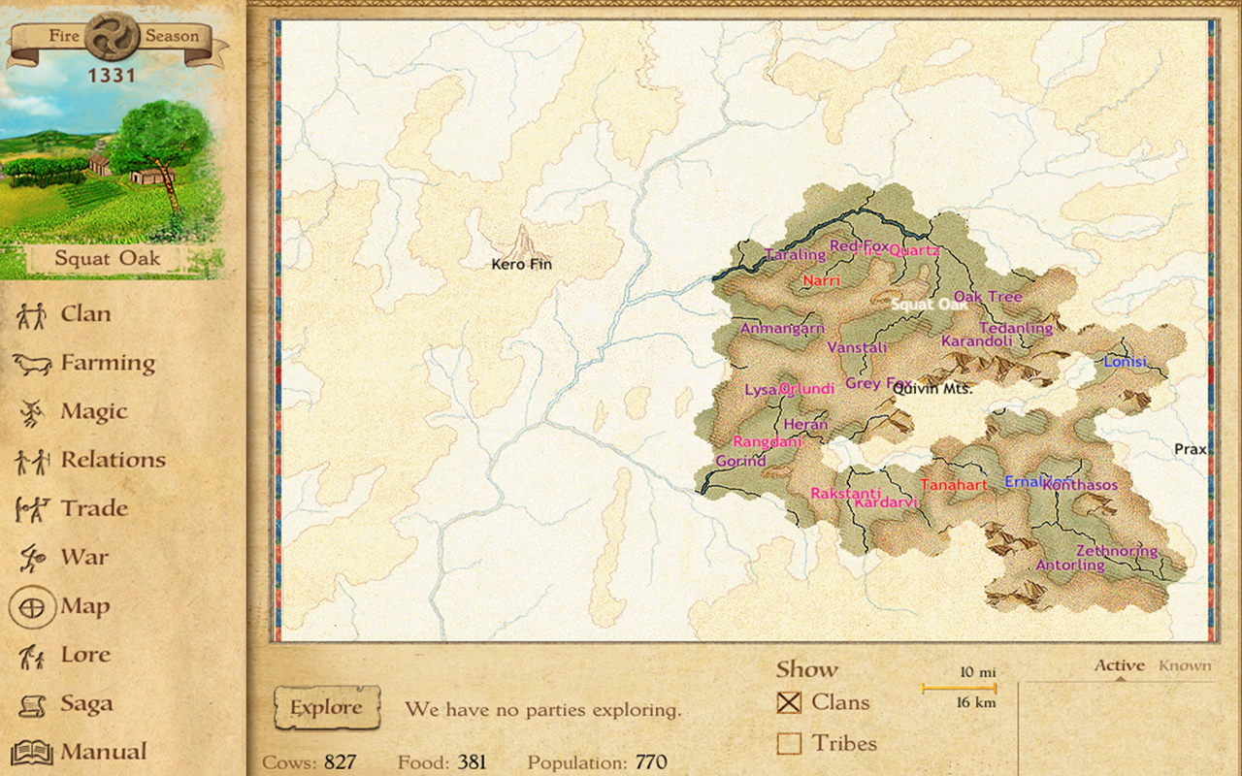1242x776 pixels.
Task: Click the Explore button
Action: click(x=326, y=708)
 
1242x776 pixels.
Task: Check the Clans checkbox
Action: click(x=789, y=702)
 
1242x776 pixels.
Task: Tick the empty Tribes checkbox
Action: click(x=789, y=743)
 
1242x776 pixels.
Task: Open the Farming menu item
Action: click(x=107, y=363)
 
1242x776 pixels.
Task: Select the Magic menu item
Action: click(x=93, y=411)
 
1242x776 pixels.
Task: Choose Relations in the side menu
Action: click(x=113, y=460)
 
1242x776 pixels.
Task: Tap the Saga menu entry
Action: click(x=86, y=703)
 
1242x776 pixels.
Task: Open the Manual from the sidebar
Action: click(x=103, y=752)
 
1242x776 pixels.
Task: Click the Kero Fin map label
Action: click(x=521, y=264)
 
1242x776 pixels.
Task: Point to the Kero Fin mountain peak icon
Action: click(x=524, y=240)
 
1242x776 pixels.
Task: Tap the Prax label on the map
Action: click(x=1190, y=449)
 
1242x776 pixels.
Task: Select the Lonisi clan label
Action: click(x=1125, y=362)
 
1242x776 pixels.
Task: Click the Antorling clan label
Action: click(x=1070, y=565)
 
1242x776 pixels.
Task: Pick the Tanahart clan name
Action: click(x=954, y=485)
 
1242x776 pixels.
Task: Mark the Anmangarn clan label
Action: click(x=782, y=329)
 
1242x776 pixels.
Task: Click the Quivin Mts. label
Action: click(x=933, y=389)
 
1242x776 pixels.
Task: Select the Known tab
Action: click(x=1185, y=665)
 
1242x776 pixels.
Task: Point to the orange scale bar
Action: click(x=959, y=689)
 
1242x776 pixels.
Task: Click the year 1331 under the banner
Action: click(x=112, y=76)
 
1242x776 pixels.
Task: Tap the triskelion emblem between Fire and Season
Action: click(x=112, y=37)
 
